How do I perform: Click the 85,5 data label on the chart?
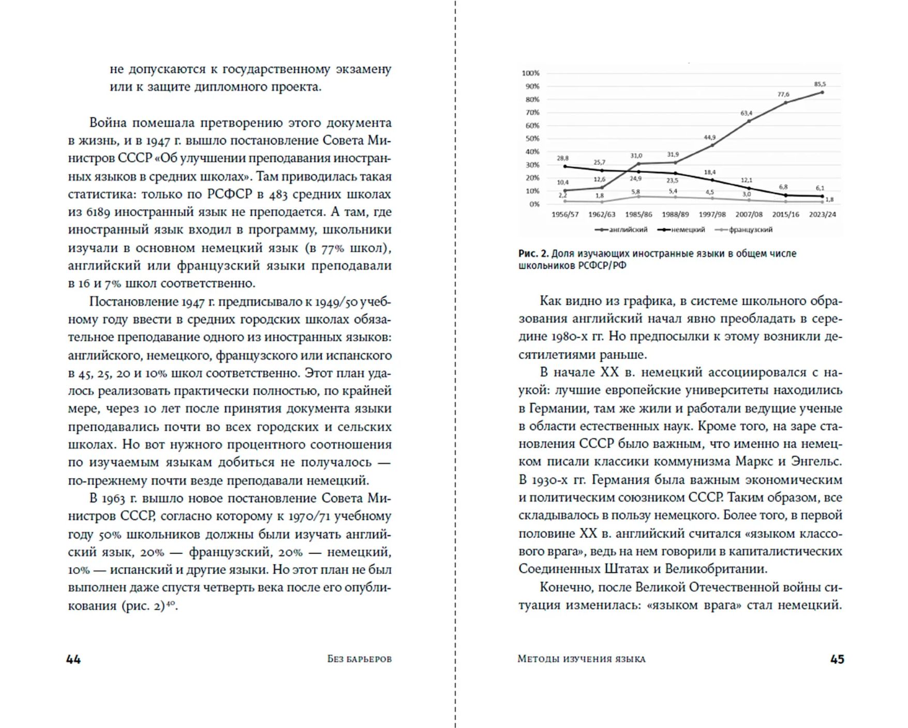pos(820,84)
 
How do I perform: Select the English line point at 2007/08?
pos(749,122)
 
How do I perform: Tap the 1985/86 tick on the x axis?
pos(638,214)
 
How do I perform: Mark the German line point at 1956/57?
pos(565,166)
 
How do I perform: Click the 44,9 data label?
pos(709,138)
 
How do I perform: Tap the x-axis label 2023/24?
pos(822,214)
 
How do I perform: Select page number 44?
pos(73,659)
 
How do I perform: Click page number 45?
pos(837,659)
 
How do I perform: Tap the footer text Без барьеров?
pos(360,659)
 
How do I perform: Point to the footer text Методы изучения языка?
pos(581,659)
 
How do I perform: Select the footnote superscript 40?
pos(170,603)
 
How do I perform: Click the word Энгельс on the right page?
pos(817,461)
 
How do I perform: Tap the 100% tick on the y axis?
pos(530,73)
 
